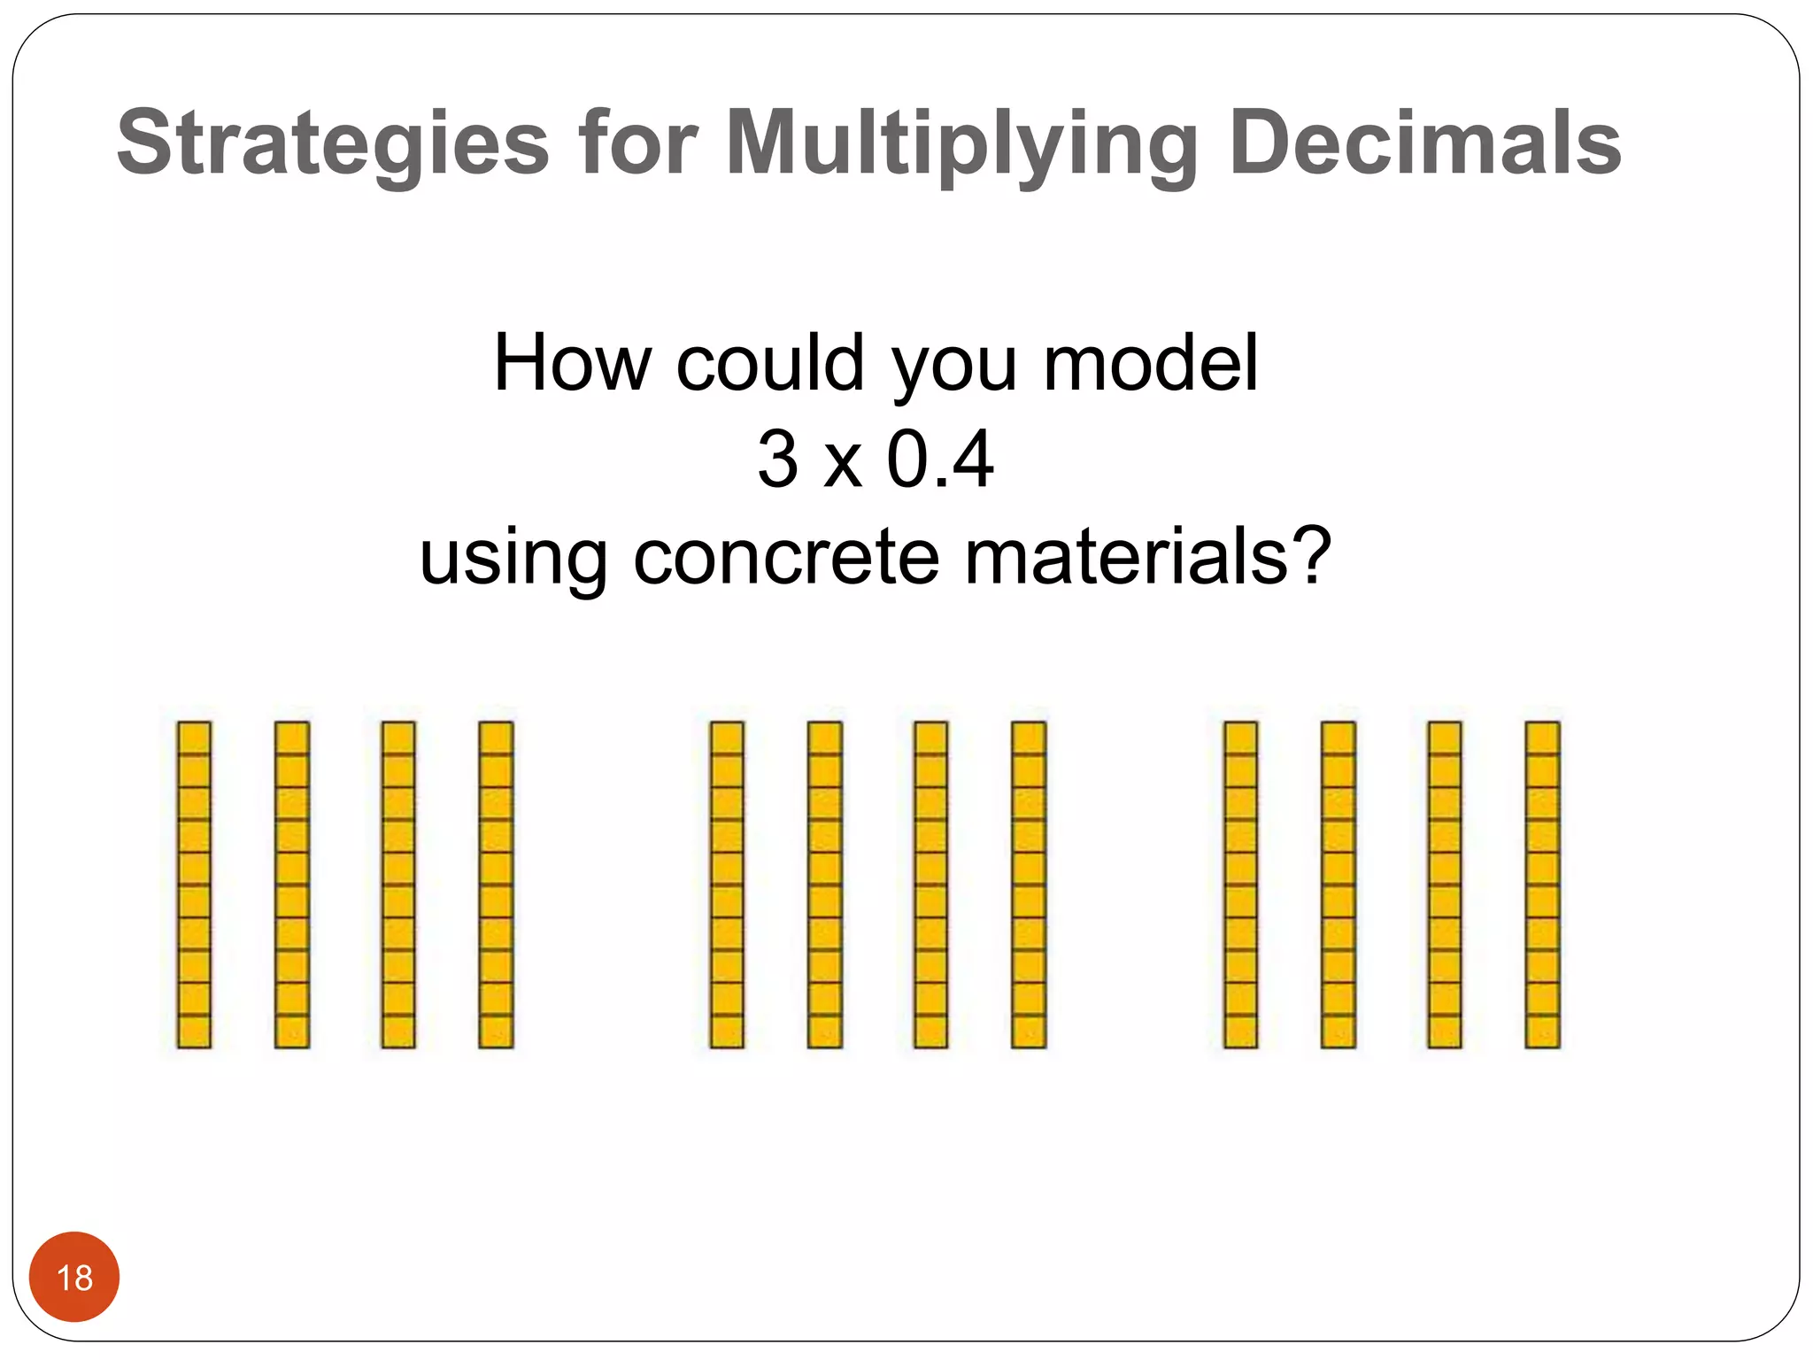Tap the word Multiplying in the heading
[x=961, y=143]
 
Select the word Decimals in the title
[x=1424, y=143]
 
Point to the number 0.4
[x=940, y=460]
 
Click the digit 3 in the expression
[x=777, y=460]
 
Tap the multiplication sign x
[x=842, y=466]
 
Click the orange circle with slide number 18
[x=74, y=1277]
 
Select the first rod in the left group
[x=194, y=885]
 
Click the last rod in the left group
[x=496, y=885]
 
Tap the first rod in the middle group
[x=727, y=885]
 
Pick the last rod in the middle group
[x=1029, y=885]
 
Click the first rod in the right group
[x=1240, y=885]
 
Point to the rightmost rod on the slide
[x=1542, y=885]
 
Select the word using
[x=513, y=560]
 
